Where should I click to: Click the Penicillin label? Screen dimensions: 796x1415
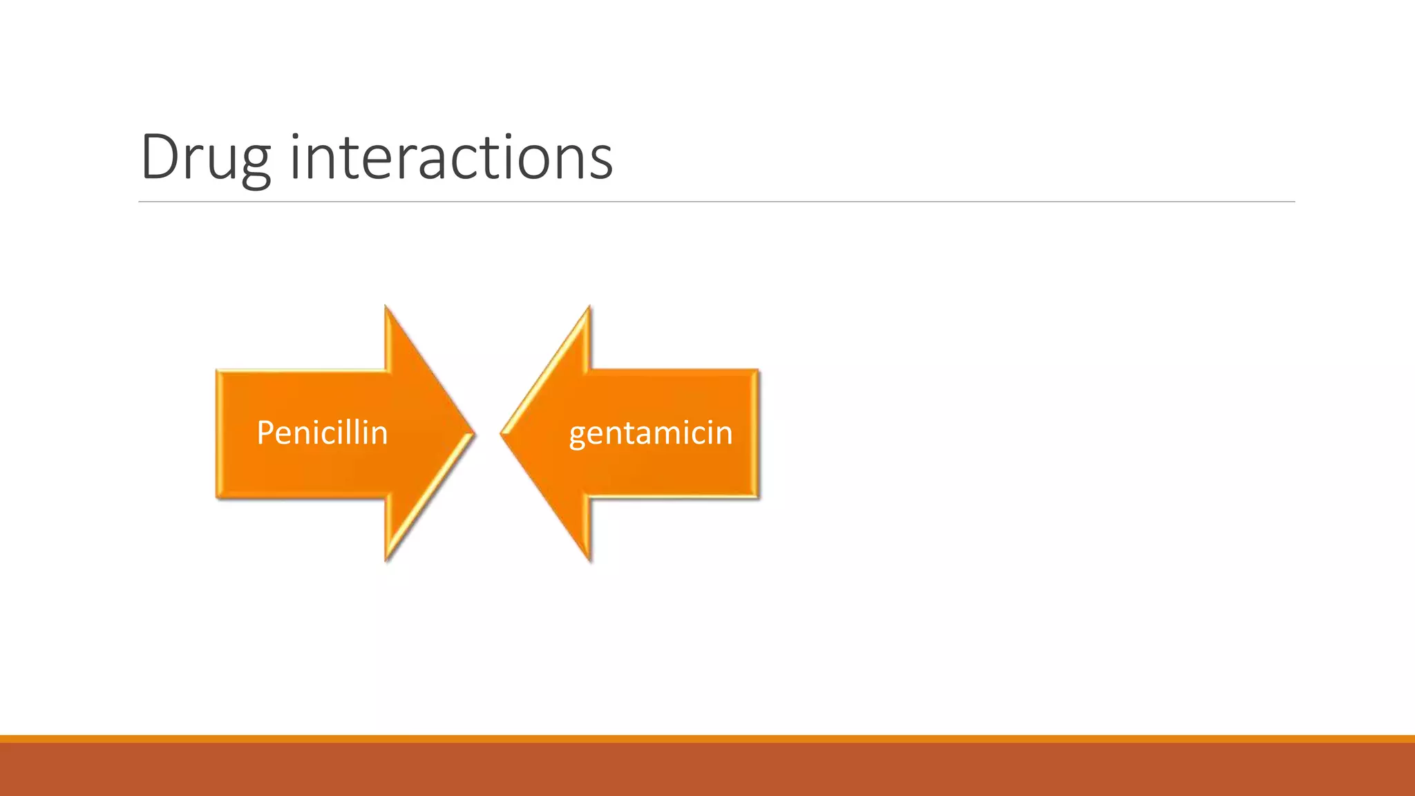coord(322,433)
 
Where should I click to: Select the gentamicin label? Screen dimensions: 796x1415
coord(650,433)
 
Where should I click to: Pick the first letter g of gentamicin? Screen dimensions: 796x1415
coord(577,436)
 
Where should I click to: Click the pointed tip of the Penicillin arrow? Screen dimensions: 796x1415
coord(472,434)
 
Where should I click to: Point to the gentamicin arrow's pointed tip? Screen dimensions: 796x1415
coord(504,434)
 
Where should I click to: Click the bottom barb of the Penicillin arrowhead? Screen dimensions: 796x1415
coord(387,557)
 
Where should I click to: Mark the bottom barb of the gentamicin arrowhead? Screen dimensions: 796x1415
coord(589,557)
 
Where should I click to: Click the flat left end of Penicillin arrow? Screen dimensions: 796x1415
coord(218,433)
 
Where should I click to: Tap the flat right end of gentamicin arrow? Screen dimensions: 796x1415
coord(757,433)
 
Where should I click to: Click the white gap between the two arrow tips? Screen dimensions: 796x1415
coord(488,434)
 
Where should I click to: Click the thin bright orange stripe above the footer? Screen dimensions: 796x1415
coord(707,739)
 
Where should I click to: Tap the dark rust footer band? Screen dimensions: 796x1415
coord(707,770)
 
